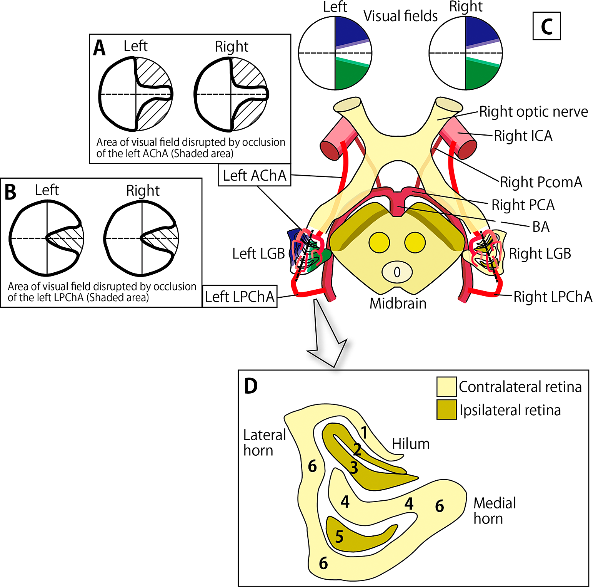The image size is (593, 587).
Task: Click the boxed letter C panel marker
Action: tap(546, 26)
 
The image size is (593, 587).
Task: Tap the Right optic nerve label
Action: tap(533, 112)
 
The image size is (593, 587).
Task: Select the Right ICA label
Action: tap(523, 136)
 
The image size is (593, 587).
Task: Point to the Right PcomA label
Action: tap(541, 182)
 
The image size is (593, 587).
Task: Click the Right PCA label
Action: tap(523, 205)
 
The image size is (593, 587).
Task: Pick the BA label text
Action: tap(541, 227)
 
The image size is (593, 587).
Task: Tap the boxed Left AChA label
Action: tap(255, 175)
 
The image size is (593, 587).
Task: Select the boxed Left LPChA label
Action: tap(240, 297)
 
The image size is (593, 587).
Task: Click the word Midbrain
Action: tap(398, 304)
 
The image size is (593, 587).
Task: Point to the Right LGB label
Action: tap(540, 254)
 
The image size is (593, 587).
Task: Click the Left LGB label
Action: tap(258, 254)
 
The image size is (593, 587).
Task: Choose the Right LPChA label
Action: tap(553, 297)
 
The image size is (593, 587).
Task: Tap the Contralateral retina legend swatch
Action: tap(446, 387)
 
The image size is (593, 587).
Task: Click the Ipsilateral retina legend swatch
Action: tap(446, 410)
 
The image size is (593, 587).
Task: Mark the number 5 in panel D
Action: tap(339, 537)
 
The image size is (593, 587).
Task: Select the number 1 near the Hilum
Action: tap(364, 433)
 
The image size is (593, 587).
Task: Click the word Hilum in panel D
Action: tap(410, 444)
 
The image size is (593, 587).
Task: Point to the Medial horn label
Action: tap(495, 511)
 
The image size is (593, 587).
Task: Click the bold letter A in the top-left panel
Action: tap(99, 49)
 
